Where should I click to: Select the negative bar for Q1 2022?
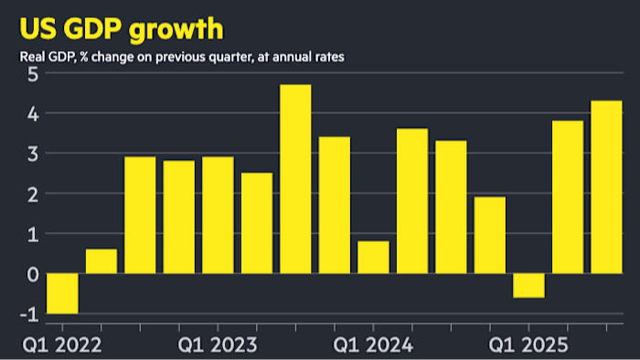coord(62,293)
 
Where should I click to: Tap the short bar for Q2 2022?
coord(101,261)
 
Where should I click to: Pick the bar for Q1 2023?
coord(218,216)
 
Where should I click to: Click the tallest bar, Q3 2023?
coord(295,179)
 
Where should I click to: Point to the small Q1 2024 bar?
coord(373,258)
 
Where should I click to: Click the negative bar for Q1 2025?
coord(528,286)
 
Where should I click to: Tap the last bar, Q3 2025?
coord(606,187)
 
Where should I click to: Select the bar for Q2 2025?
coord(567,197)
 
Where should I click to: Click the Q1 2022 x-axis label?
coord(62,346)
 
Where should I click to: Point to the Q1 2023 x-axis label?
coord(218,346)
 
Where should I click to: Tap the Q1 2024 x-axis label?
coord(373,346)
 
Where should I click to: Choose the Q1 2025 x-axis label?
coord(528,346)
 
